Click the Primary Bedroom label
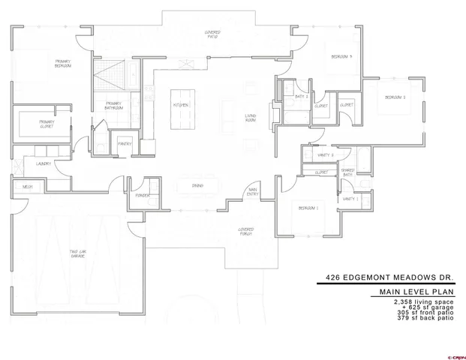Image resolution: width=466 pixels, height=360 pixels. point(62,64)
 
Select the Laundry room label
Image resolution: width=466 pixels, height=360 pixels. point(42,163)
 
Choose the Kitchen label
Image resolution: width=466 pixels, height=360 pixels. point(181,105)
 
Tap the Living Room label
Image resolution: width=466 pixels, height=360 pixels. point(251,117)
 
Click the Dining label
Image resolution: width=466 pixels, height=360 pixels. point(197,185)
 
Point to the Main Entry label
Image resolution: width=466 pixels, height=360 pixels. point(253,193)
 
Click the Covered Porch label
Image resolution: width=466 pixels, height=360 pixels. point(246,231)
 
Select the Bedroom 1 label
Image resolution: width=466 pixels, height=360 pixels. point(308,207)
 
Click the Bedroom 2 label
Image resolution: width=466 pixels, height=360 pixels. point(395,97)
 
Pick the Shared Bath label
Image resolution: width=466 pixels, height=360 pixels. point(348,172)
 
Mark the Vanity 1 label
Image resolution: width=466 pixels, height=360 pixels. point(350,199)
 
